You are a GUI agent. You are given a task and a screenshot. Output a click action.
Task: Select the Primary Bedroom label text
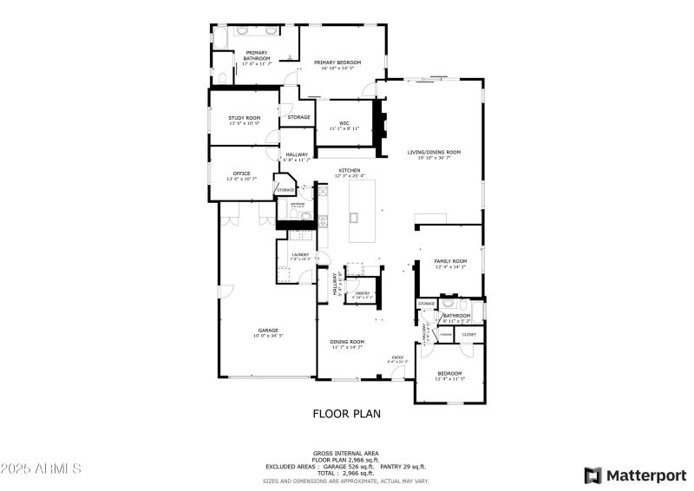[x=337, y=62]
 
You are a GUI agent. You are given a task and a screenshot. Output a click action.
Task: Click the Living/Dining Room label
[x=434, y=152]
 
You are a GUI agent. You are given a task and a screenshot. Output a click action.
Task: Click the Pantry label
[x=363, y=293]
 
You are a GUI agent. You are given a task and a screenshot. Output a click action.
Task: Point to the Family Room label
[x=451, y=261]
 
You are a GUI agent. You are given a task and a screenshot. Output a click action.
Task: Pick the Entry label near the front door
[x=397, y=357]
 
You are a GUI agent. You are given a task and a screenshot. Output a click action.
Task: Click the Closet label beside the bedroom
[x=468, y=333]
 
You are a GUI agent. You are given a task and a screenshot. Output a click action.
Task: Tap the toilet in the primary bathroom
[x=223, y=78]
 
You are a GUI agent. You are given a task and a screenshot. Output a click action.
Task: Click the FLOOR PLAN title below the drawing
[x=346, y=414]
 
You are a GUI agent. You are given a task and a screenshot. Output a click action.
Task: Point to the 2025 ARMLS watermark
[x=41, y=468]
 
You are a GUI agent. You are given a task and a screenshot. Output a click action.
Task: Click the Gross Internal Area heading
[x=346, y=453]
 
